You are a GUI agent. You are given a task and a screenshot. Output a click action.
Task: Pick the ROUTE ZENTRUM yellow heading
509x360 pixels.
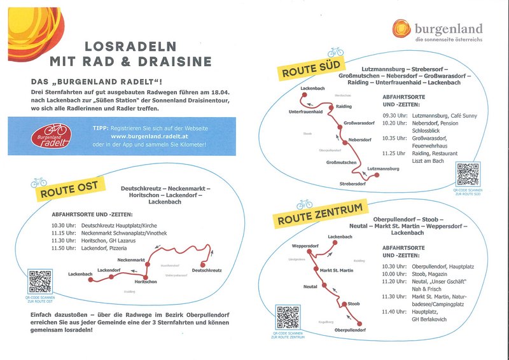pyautogui.click(x=320, y=214)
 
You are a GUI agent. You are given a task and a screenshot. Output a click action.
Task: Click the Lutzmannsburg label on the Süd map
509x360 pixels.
pyautogui.click(x=384, y=169)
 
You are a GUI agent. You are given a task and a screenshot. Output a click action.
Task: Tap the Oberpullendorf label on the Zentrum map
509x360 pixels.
pyautogui.click(x=350, y=330)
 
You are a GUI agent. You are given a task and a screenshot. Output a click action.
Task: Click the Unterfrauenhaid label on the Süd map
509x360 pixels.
pyautogui.click(x=305, y=111)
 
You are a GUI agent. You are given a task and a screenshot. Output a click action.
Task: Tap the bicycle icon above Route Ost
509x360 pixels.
pyautogui.click(x=39, y=182)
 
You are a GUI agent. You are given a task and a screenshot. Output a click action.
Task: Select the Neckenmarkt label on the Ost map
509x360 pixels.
pyautogui.click(x=131, y=260)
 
